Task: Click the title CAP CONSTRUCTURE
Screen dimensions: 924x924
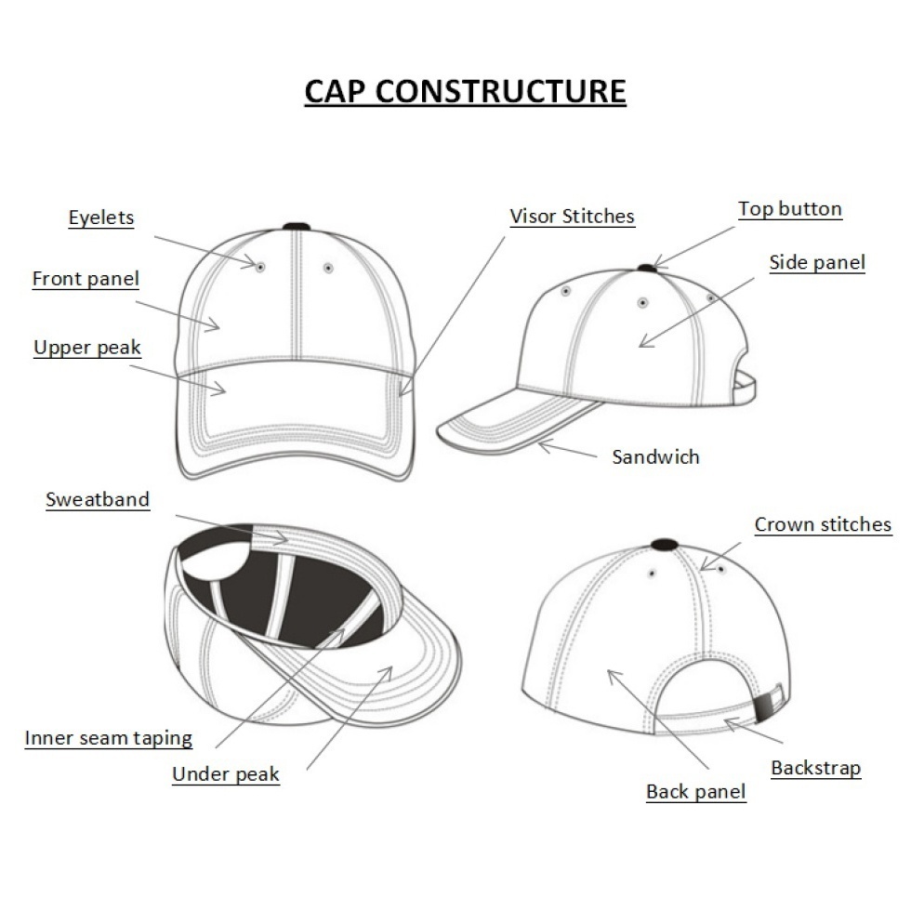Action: point(465,91)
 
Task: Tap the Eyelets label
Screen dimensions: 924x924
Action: point(101,218)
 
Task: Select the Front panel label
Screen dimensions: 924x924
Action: point(86,279)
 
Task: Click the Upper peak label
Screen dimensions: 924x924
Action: point(87,347)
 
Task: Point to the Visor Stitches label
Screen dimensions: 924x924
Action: point(573,217)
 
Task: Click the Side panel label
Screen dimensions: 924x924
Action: point(817,262)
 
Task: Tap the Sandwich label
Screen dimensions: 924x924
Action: point(656,456)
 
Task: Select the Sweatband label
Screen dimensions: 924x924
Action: point(98,499)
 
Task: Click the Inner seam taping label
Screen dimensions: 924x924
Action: point(109,738)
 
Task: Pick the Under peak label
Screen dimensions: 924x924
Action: point(226,773)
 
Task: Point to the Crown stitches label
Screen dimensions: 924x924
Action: point(824,524)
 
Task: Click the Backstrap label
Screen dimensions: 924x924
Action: point(816,768)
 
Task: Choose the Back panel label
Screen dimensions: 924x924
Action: point(696,791)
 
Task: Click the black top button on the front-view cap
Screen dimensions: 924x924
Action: point(297,227)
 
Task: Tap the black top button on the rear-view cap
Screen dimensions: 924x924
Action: point(664,543)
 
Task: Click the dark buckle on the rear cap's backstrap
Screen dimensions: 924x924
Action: point(761,706)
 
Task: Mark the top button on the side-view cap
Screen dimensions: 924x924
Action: point(647,269)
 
